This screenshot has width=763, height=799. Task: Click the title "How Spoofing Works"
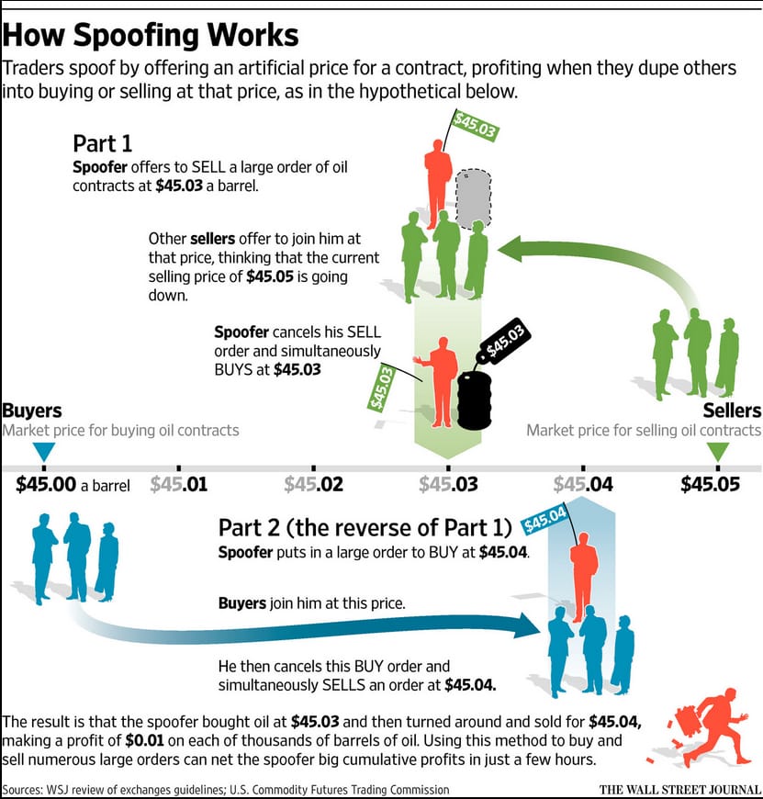point(151,36)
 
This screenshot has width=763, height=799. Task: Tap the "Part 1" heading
point(103,143)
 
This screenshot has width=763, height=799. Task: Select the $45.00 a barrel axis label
point(73,484)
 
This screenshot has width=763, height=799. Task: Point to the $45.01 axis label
point(179,484)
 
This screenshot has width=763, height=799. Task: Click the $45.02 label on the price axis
point(314,484)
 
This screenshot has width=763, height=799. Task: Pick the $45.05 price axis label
point(710,484)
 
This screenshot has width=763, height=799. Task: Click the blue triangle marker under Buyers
point(44,452)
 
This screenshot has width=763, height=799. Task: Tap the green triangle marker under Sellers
point(719,452)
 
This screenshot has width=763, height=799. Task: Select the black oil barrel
point(474,400)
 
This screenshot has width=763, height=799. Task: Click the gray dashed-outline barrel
point(473,199)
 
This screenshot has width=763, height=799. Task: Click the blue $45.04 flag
point(544,519)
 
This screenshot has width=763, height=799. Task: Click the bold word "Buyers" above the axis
point(31,411)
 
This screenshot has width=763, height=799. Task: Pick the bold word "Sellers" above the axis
point(732,411)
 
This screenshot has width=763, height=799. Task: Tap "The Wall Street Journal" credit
point(680,790)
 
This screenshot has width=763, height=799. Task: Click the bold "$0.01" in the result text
point(144,740)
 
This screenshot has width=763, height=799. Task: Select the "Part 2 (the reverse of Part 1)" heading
point(365,528)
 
